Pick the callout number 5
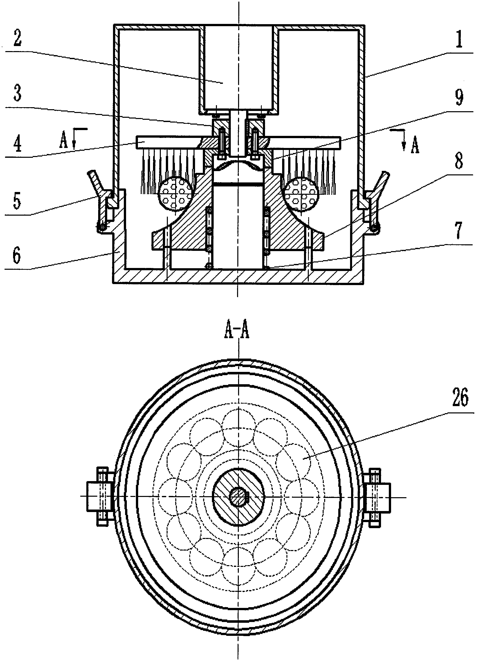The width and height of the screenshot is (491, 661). pyautogui.click(x=17, y=201)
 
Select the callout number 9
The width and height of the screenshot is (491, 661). pyautogui.click(x=459, y=97)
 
